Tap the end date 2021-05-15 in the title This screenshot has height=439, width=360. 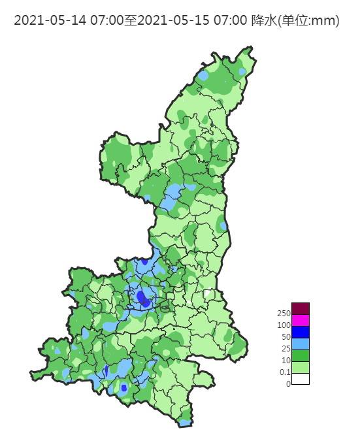click(167, 21)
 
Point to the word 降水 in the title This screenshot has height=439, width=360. click(263, 21)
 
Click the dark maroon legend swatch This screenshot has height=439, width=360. click(300, 308)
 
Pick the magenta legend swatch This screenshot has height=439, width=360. click(300, 320)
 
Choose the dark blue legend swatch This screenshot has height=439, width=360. click(300, 332)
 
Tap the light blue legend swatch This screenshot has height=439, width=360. click(300, 344)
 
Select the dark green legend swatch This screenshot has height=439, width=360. click(300, 355)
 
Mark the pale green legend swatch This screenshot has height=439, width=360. click(300, 367)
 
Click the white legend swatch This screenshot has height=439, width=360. click(300, 379)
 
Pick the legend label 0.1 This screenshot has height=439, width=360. click(284, 372)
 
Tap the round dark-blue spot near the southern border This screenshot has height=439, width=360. click(124, 387)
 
